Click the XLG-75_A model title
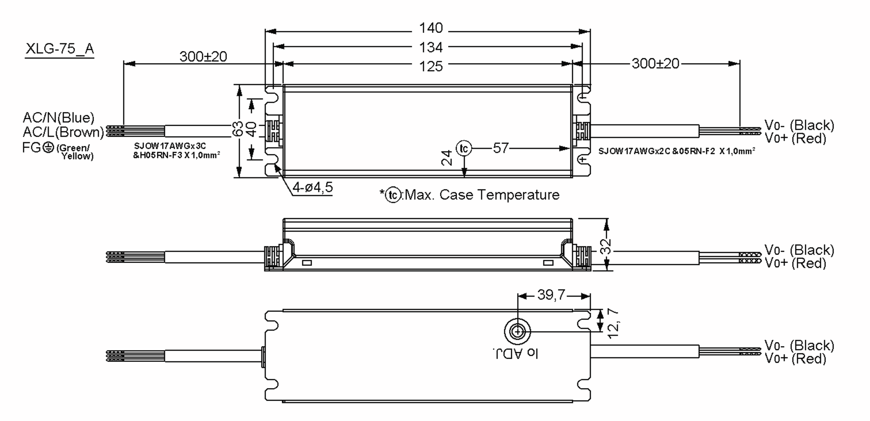coord(59,49)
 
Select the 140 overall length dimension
coord(431,28)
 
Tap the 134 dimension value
coord(431,47)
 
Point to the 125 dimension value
coord(431,67)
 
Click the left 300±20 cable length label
coord(203,57)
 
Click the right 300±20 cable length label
coord(655,64)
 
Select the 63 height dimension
coord(238,129)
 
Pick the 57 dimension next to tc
coord(501,148)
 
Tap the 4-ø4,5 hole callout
coord(312,188)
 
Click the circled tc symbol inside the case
coord(464,149)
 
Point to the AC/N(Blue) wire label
coord(58,118)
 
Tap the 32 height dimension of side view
coord(606,246)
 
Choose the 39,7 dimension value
coord(551,295)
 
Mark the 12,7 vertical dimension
coord(613,323)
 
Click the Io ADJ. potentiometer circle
coord(517,332)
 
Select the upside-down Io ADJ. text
coord(515,354)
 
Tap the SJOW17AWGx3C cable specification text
coord(170,146)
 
